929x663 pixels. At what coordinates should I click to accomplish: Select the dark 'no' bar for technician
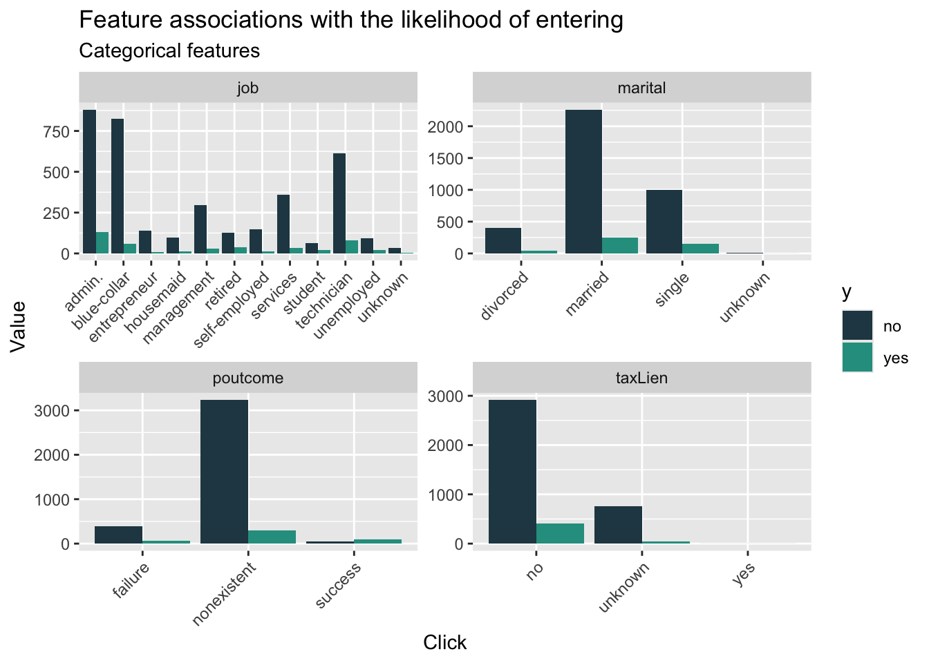[339, 203]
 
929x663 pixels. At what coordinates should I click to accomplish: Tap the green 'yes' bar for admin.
[102, 242]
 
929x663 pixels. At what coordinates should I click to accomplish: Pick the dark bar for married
[583, 182]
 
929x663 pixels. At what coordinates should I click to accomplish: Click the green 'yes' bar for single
[700, 249]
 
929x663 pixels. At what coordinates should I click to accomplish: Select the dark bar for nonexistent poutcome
[224, 472]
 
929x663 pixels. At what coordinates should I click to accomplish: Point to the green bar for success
[377, 541]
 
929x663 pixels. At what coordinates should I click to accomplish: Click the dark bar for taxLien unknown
[618, 525]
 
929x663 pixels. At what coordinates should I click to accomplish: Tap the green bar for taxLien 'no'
[561, 533]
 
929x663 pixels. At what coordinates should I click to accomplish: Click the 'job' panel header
[247, 88]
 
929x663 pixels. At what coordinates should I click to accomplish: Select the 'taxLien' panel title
[641, 378]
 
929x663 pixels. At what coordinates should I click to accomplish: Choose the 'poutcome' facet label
[247, 378]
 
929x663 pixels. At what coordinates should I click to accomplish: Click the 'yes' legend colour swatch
[857, 357]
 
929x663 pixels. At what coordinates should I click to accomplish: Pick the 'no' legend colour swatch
[857, 326]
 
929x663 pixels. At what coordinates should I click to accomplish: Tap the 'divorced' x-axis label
[505, 296]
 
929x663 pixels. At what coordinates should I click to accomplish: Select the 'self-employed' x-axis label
[232, 310]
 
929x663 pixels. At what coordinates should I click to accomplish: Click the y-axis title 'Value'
[19, 326]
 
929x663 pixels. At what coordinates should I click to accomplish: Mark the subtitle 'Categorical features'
[169, 50]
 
